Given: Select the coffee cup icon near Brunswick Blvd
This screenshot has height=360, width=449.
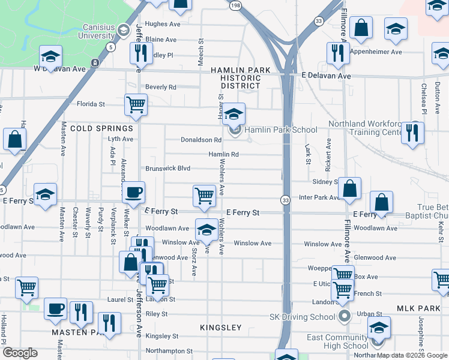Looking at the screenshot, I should [x=133, y=193].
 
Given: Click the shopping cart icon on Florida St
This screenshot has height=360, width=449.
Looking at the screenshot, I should [x=136, y=104].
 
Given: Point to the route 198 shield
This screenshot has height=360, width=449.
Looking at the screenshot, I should [x=235, y=5].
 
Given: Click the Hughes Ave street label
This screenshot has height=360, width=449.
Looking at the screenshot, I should [x=163, y=25].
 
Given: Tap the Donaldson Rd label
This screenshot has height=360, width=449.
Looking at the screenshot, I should [x=201, y=140].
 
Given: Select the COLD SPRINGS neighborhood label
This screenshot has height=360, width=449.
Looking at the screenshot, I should [x=101, y=128].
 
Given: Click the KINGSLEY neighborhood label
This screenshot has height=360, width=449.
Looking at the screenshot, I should [x=221, y=328].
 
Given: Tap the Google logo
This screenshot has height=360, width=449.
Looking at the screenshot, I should [x=20, y=353].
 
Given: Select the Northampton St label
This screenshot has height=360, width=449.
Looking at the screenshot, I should [x=169, y=351].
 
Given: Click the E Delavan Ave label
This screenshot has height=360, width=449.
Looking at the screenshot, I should [x=327, y=76].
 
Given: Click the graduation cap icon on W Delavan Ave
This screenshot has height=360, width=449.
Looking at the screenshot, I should [x=52, y=57].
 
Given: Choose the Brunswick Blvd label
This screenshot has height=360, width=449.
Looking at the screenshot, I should [x=167, y=169].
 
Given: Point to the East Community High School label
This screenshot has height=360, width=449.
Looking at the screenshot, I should [x=337, y=341].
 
